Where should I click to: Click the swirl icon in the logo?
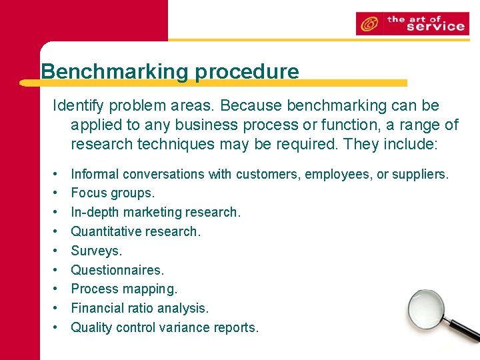tap(368, 24)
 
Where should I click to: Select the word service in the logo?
tap(435, 27)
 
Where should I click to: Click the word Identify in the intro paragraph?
tap(78, 106)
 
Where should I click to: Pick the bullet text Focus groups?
tap(113, 193)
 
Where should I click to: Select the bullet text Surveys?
tap(97, 251)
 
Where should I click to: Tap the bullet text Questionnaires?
tap(117, 270)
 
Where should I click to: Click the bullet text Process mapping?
tap(124, 289)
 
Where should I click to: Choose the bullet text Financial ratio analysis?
tap(140, 308)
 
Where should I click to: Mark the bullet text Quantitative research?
tap(135, 231)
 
